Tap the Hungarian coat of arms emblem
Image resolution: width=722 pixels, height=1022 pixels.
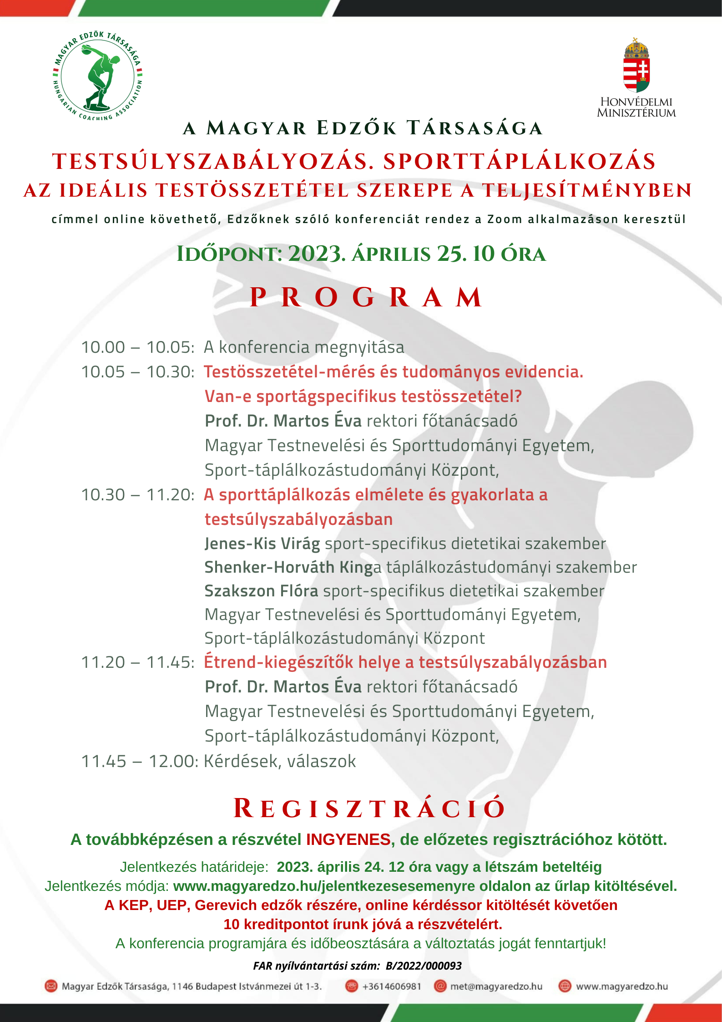pos(636,66)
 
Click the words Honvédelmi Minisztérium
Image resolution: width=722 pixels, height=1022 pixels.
pos(636,107)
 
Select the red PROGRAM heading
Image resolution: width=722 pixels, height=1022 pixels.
pos(366,298)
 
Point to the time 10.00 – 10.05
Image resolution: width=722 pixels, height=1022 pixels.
pos(137,347)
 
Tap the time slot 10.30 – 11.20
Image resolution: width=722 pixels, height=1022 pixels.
pos(137,495)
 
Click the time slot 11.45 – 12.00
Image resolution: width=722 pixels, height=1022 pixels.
pos(139,761)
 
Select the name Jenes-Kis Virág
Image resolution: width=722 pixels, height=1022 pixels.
pos(262,544)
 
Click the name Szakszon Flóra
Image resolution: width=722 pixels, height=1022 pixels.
pos(261,591)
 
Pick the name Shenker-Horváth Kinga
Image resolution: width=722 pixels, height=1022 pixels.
pos(293,567)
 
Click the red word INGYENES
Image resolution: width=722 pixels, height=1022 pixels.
pos(348,839)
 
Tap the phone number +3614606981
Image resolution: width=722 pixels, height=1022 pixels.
pos(391,986)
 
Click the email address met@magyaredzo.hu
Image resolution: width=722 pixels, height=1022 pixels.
pos(496,986)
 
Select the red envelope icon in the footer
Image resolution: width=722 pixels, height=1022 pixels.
pos(51,986)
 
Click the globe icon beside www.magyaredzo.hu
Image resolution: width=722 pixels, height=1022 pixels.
pos(565,986)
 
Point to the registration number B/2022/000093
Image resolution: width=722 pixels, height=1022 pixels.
pos(424,966)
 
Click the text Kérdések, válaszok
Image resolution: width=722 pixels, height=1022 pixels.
pos(280,761)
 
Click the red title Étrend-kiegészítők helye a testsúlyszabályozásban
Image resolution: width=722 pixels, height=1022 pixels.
pos(405,662)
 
